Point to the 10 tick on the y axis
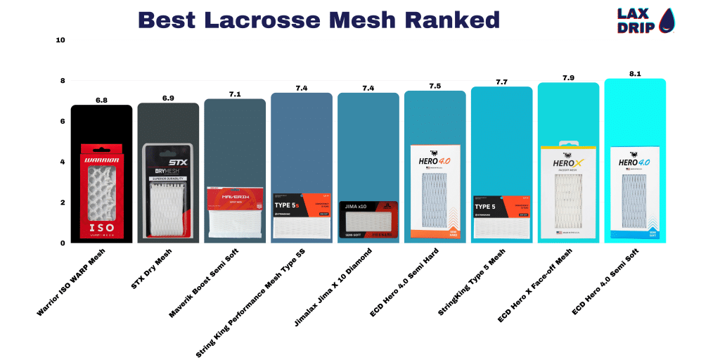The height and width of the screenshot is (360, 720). pyautogui.click(x=60, y=40)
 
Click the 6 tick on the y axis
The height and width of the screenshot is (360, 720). pyautogui.click(x=62, y=122)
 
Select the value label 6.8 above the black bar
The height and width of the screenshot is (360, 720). pyautogui.click(x=102, y=101)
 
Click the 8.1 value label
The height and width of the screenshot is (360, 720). pyautogui.click(x=635, y=73)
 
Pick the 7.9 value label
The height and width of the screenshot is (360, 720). pyautogui.click(x=568, y=77)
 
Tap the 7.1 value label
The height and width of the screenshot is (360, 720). pyautogui.click(x=235, y=94)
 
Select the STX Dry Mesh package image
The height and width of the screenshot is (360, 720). pyautogui.click(x=168, y=192)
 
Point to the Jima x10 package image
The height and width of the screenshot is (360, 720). pyautogui.click(x=368, y=220)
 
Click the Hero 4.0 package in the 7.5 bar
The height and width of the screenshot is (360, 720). pyautogui.click(x=435, y=191)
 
